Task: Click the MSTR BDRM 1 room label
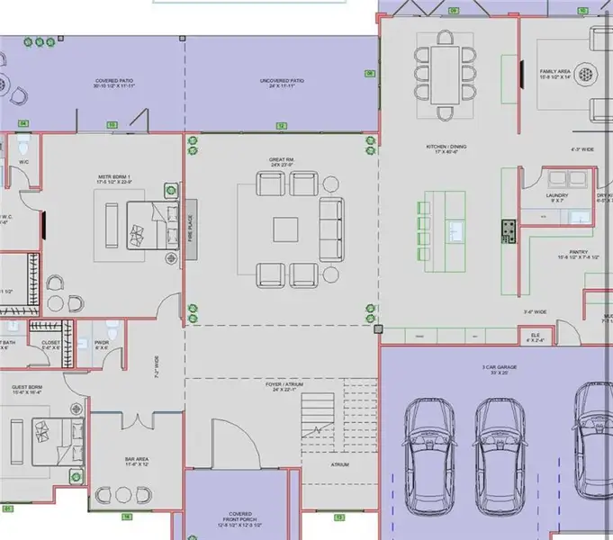(x=115, y=178)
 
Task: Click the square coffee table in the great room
(x=287, y=229)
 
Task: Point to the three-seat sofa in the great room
(x=331, y=228)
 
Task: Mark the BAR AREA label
(x=137, y=461)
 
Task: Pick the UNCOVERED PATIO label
(x=283, y=83)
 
